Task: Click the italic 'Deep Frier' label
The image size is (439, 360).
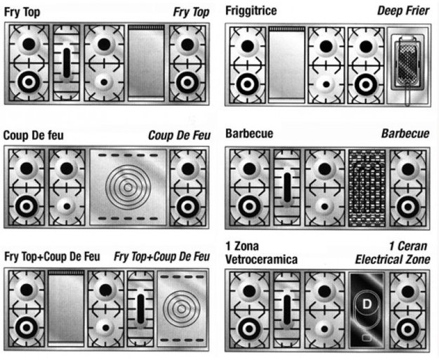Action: click(x=403, y=11)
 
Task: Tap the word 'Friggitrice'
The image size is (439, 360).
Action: click(x=251, y=11)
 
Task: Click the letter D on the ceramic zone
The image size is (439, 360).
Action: click(x=367, y=304)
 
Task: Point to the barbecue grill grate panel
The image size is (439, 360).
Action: click(x=367, y=187)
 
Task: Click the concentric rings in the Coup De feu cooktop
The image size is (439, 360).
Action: click(x=129, y=187)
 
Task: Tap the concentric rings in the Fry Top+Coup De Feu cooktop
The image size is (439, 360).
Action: click(x=181, y=309)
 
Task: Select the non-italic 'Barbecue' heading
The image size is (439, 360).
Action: click(x=249, y=133)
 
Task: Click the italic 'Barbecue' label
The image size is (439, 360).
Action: click(x=405, y=133)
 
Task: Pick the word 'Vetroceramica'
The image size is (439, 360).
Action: click(x=261, y=260)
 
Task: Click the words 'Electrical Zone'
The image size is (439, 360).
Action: click(x=393, y=260)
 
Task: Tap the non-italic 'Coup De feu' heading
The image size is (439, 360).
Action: click(x=34, y=135)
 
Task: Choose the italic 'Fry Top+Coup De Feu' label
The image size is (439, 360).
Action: click(x=162, y=257)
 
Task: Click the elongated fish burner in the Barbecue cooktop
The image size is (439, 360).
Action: click(x=287, y=187)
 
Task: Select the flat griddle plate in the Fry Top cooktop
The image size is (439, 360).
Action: click(x=146, y=63)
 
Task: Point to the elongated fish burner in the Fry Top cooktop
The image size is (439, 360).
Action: click(x=67, y=63)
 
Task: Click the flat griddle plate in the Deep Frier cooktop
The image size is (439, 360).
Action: click(x=287, y=65)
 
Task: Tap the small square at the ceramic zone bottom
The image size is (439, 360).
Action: click(x=367, y=338)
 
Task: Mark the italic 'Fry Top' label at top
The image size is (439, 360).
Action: click(x=191, y=13)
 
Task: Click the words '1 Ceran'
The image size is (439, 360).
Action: click(x=408, y=246)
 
